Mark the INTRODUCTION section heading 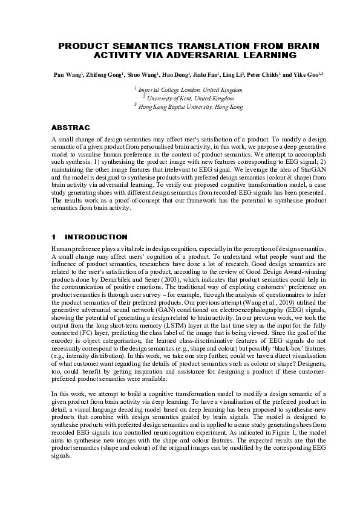pos(97,237)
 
